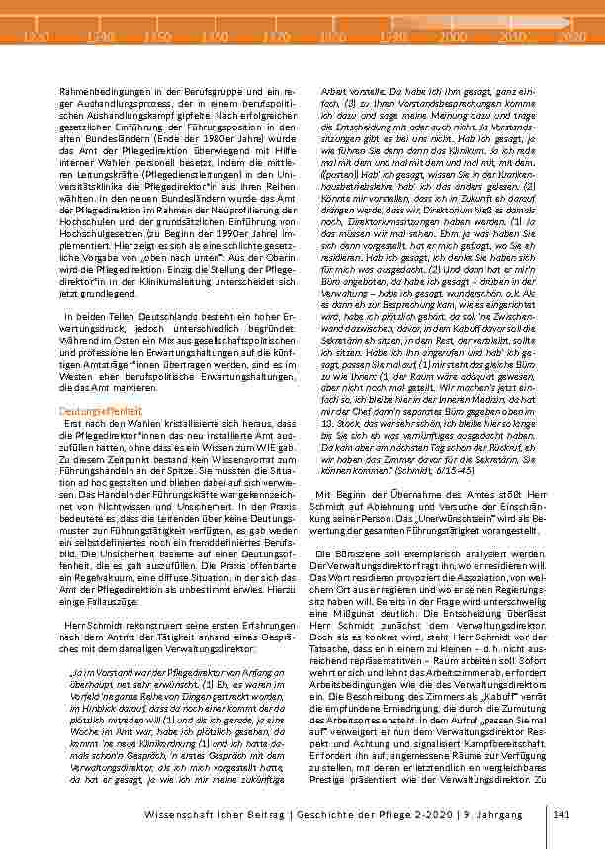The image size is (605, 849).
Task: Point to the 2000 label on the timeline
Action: coord(454,36)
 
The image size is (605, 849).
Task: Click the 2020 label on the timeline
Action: coord(571,36)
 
